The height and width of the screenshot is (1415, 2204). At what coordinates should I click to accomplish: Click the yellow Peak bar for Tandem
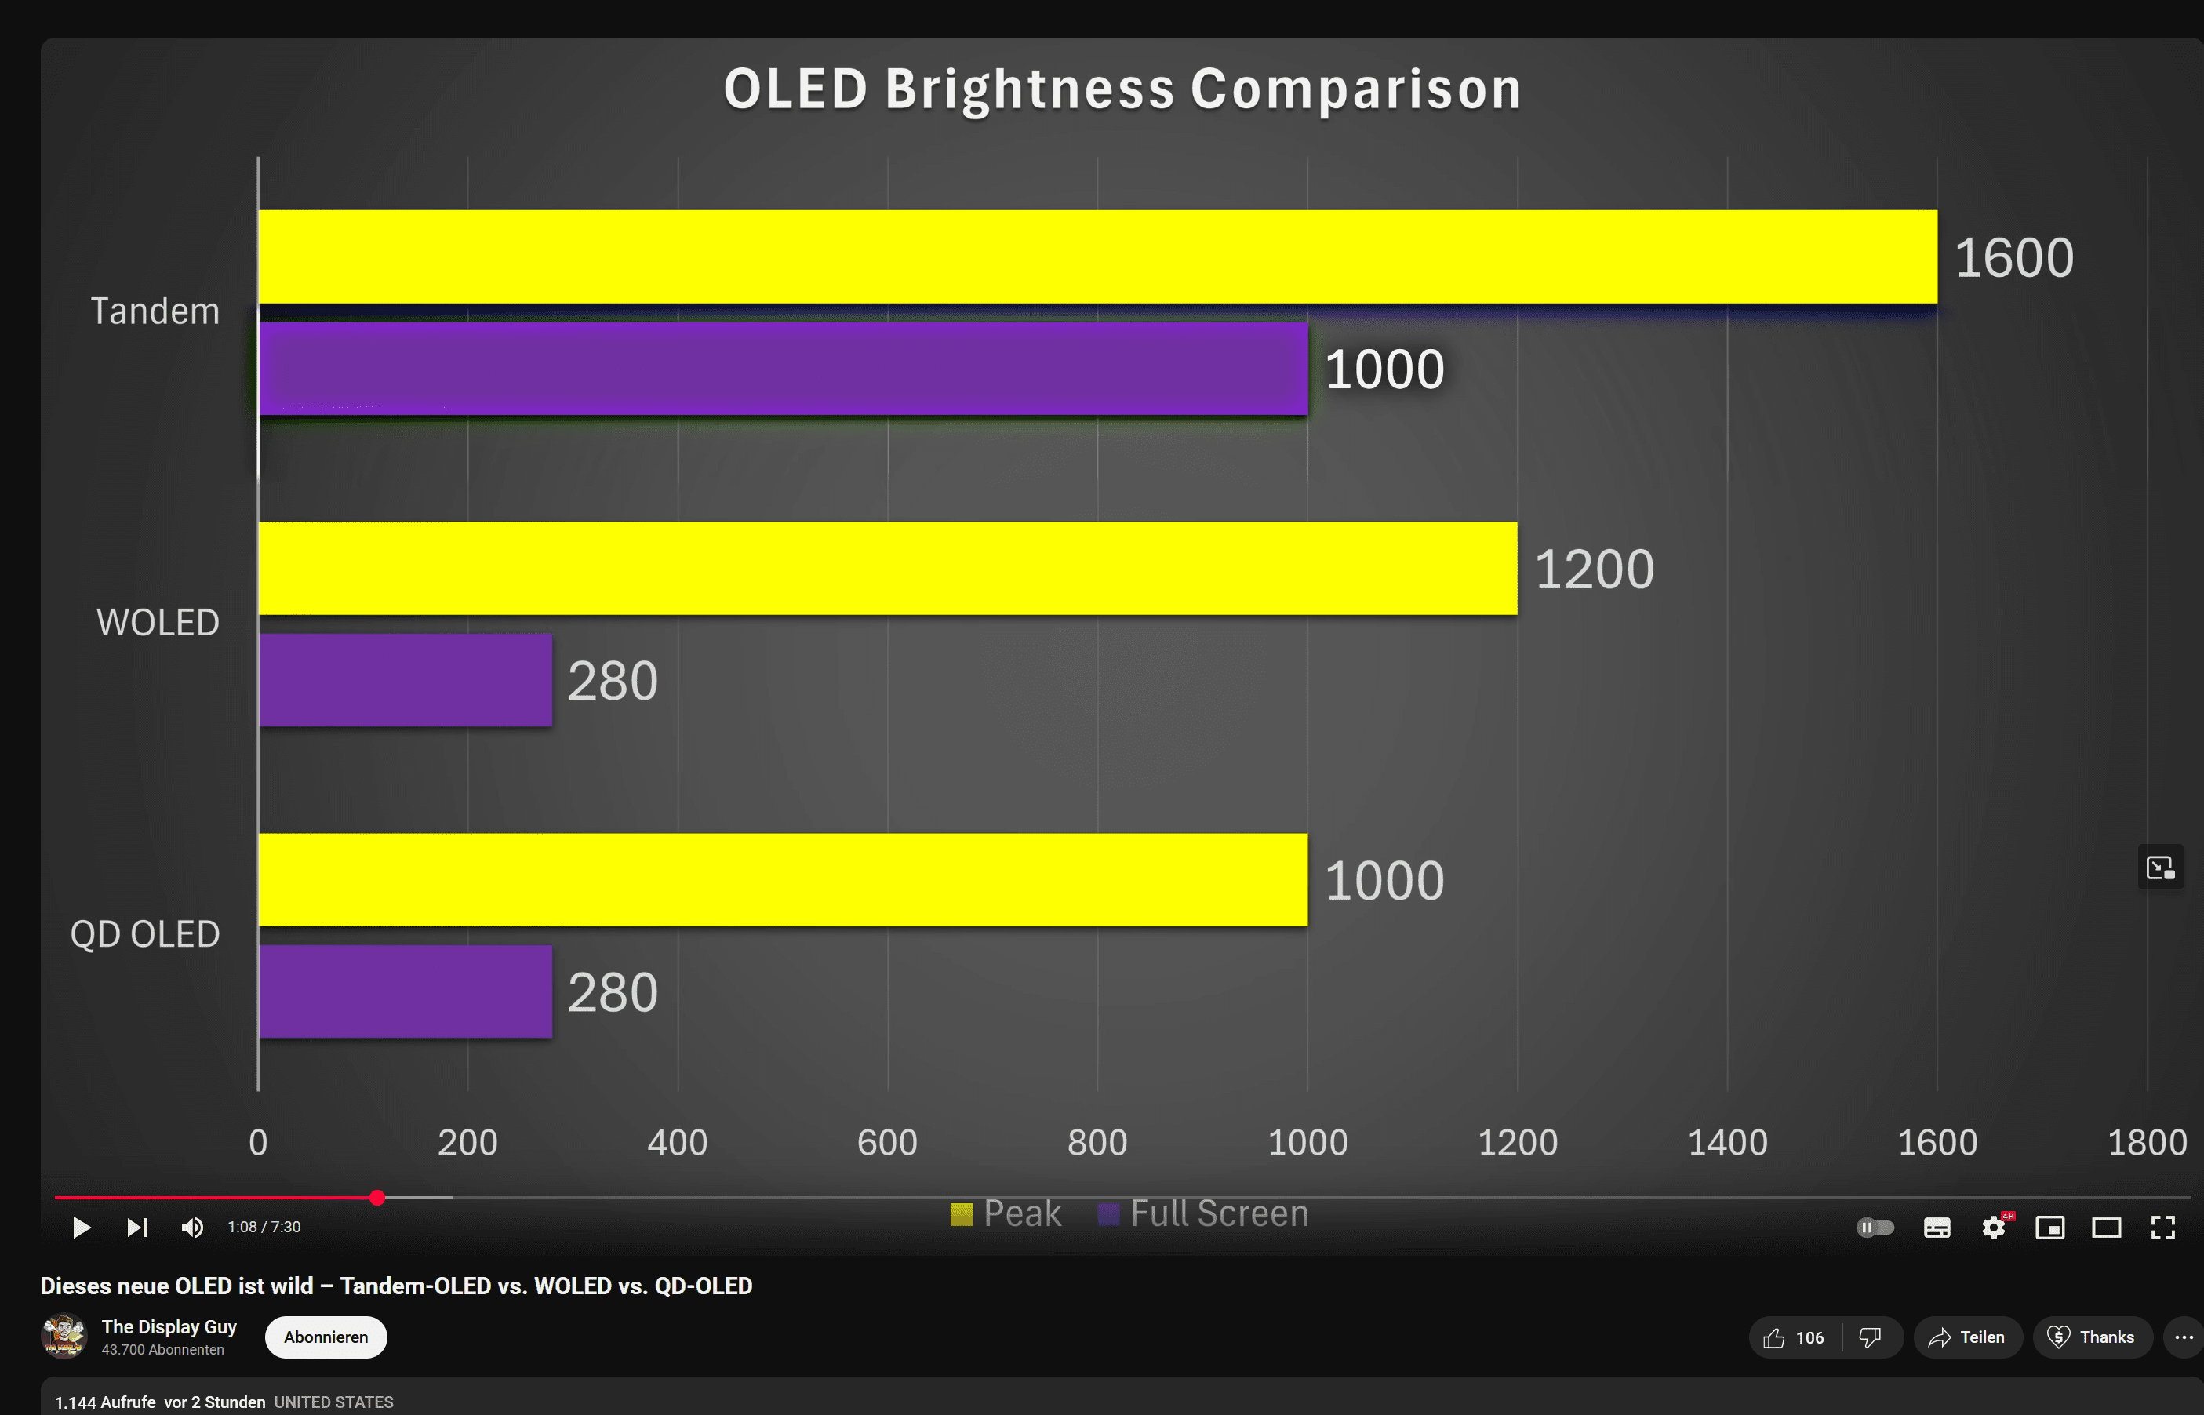tap(1097, 256)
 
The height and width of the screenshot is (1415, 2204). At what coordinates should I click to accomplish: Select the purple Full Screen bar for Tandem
tap(783, 369)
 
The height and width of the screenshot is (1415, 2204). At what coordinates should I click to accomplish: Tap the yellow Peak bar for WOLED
tap(887, 568)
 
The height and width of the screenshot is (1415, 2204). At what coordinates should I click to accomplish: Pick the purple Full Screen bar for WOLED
tap(406, 680)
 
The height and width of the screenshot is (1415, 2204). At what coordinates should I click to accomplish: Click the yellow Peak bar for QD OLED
tap(783, 879)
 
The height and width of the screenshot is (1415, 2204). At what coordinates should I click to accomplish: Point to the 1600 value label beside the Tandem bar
tap(2013, 257)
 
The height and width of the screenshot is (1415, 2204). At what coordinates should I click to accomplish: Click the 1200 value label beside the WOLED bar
tap(1594, 569)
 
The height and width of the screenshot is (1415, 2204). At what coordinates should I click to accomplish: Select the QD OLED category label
tap(145, 933)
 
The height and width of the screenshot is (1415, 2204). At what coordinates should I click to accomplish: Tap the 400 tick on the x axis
tap(677, 1142)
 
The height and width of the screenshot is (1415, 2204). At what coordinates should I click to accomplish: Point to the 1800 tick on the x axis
tap(2146, 1142)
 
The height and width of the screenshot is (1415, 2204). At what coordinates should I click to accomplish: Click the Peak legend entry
tap(1006, 1213)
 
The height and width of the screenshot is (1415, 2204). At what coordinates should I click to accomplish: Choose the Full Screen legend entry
tap(1203, 1213)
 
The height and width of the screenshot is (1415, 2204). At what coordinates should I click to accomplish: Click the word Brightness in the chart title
tap(1029, 89)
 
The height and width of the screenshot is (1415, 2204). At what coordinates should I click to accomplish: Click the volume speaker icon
tap(192, 1228)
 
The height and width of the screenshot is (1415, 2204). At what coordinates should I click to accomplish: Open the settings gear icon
tap(1993, 1228)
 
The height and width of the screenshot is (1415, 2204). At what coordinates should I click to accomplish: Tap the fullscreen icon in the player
tap(2162, 1228)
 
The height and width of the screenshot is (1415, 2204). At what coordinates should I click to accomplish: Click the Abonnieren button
tap(326, 1337)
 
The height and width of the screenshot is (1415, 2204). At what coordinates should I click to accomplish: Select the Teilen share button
tap(1967, 1337)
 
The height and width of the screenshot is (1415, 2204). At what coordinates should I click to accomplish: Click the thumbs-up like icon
tap(1774, 1337)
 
